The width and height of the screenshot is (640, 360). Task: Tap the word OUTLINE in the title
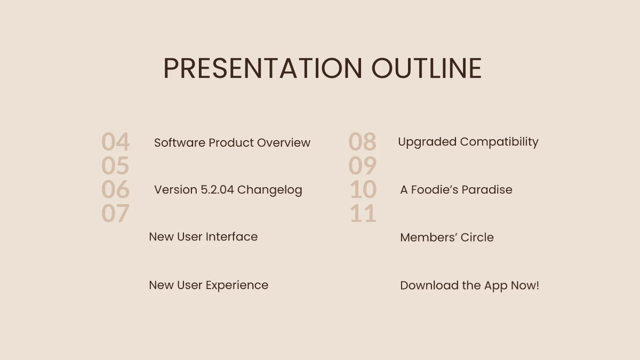coord(427,69)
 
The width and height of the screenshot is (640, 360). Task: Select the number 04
coord(115,142)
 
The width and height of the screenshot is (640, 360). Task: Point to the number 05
coord(115,166)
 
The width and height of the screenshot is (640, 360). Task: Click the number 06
coord(115,189)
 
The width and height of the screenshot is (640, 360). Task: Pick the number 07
coord(115,213)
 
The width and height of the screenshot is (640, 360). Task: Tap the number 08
coord(362,142)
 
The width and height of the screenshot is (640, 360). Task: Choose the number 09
coord(362,166)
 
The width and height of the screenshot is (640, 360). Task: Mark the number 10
coord(363,189)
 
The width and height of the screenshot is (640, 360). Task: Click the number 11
coord(363,213)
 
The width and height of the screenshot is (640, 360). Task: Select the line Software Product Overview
coord(232,143)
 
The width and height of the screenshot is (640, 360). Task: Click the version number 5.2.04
coord(217,190)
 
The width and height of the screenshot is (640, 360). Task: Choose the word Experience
coord(237,285)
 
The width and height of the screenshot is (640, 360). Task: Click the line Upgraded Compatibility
coord(468,142)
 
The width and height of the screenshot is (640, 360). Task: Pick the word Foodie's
coord(434,190)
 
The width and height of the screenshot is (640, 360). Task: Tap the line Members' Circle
coord(446,237)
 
